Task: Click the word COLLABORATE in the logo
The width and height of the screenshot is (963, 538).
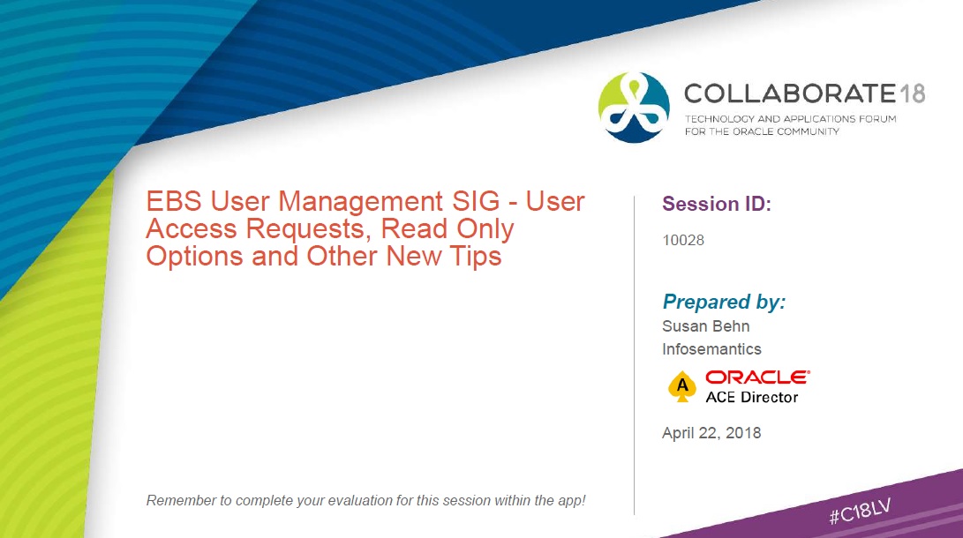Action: pos(790,93)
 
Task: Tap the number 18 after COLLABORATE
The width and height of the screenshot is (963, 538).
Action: pos(913,93)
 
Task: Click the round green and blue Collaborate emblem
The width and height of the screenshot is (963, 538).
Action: pos(634,108)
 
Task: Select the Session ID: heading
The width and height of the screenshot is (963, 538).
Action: pos(716,204)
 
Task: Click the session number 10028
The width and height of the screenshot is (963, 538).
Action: pos(683,240)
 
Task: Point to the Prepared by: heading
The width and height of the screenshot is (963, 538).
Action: pos(724,302)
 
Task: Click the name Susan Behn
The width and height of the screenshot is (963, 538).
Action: pos(705,325)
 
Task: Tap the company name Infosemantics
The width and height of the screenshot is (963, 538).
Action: pos(711,349)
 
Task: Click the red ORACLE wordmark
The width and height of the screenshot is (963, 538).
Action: pos(757,377)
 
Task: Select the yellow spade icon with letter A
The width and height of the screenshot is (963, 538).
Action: pos(681,386)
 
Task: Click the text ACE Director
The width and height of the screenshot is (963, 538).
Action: pos(752,398)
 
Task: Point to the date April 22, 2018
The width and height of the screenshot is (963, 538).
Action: pos(711,433)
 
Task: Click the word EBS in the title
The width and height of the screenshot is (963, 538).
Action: pos(174,202)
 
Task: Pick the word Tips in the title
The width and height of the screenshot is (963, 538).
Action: pos(476,257)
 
